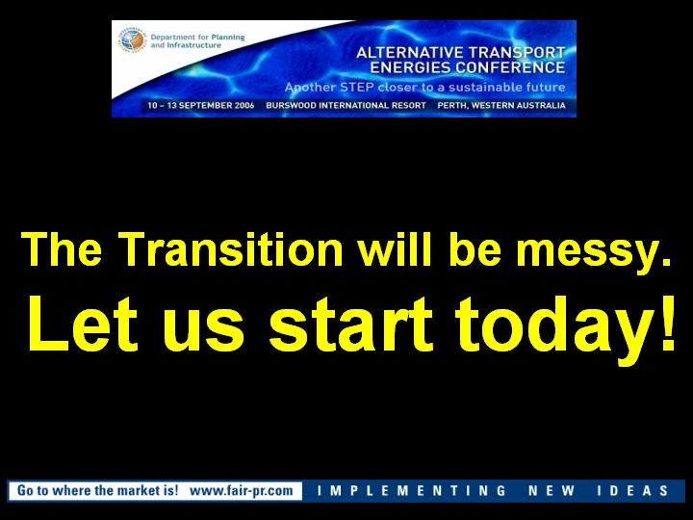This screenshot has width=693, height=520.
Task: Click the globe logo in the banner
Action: [x=132, y=40]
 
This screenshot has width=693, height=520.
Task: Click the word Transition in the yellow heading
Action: [x=232, y=249]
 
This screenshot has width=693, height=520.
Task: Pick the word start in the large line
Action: [x=350, y=325]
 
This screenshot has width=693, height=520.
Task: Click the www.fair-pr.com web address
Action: [x=242, y=490]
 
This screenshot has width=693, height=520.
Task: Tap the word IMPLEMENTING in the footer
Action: [x=412, y=491]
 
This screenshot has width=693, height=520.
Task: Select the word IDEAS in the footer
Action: [x=632, y=491]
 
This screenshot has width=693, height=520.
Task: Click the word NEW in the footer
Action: [x=552, y=491]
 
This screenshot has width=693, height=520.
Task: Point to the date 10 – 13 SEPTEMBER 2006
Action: [x=201, y=106]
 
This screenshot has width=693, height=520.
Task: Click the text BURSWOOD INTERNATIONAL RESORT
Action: [x=346, y=106]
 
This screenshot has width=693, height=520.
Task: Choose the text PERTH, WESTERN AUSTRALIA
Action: [x=501, y=106]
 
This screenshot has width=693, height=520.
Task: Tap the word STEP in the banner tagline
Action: [x=357, y=87]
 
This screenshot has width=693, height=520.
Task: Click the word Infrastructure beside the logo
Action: [x=193, y=45]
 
